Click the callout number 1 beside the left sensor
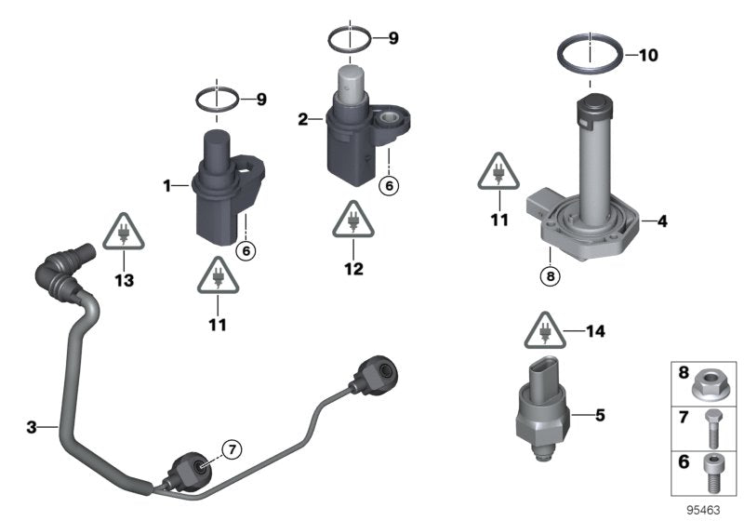click(168, 186)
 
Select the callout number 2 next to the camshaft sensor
click(303, 119)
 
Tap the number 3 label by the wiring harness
click(32, 427)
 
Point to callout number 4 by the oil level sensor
click(662, 222)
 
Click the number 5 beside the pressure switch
click(600, 415)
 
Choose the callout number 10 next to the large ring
click(647, 55)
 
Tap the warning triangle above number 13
click(122, 232)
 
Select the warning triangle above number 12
click(353, 220)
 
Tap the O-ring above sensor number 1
click(217, 99)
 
